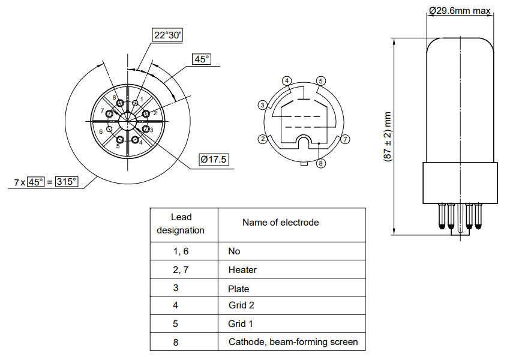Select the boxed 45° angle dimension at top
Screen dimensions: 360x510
point(202,59)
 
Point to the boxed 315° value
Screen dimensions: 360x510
point(67,181)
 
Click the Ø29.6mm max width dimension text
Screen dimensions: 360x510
point(460,10)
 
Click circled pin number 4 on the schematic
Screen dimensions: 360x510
point(287,81)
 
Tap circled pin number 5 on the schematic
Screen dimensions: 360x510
point(321,81)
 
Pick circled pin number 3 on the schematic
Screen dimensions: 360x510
point(262,106)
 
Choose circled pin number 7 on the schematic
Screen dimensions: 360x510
point(344,139)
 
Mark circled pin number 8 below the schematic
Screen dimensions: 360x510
point(321,163)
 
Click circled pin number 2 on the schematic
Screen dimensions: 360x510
point(262,139)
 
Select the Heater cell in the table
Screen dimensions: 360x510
point(242,270)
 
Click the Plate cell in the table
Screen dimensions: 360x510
point(239,289)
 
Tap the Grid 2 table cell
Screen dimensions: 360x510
point(241,305)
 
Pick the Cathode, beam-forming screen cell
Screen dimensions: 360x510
point(293,342)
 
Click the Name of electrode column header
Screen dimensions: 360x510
point(280,223)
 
